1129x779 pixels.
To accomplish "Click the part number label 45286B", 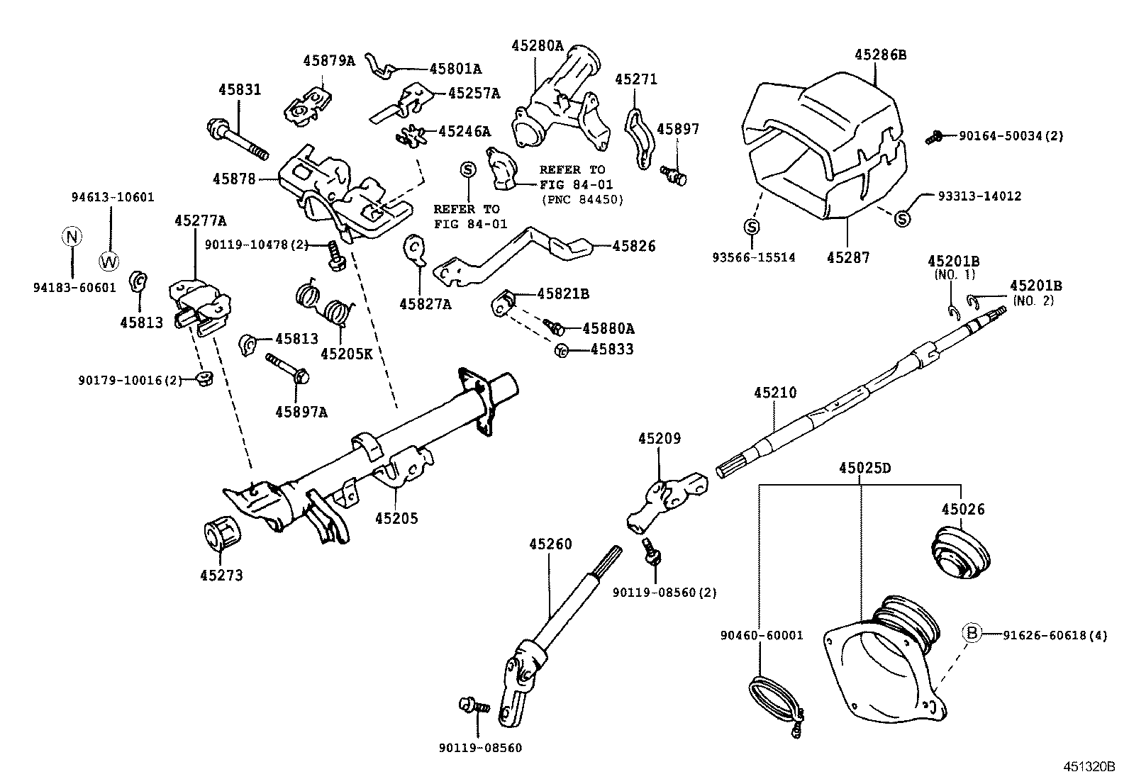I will [x=880, y=54].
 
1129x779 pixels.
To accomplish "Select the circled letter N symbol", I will [x=72, y=236].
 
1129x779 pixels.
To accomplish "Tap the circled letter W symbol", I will [x=109, y=261].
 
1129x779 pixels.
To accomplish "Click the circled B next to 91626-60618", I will [x=972, y=634].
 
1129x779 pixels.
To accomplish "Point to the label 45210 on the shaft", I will [x=775, y=392].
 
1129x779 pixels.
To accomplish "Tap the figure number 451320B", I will [x=1089, y=766].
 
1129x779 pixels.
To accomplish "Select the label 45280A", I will [x=538, y=46].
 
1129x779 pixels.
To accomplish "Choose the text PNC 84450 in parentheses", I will [x=582, y=200].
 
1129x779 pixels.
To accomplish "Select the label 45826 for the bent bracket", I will [x=634, y=246].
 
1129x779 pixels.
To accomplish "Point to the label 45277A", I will [x=200, y=221].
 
